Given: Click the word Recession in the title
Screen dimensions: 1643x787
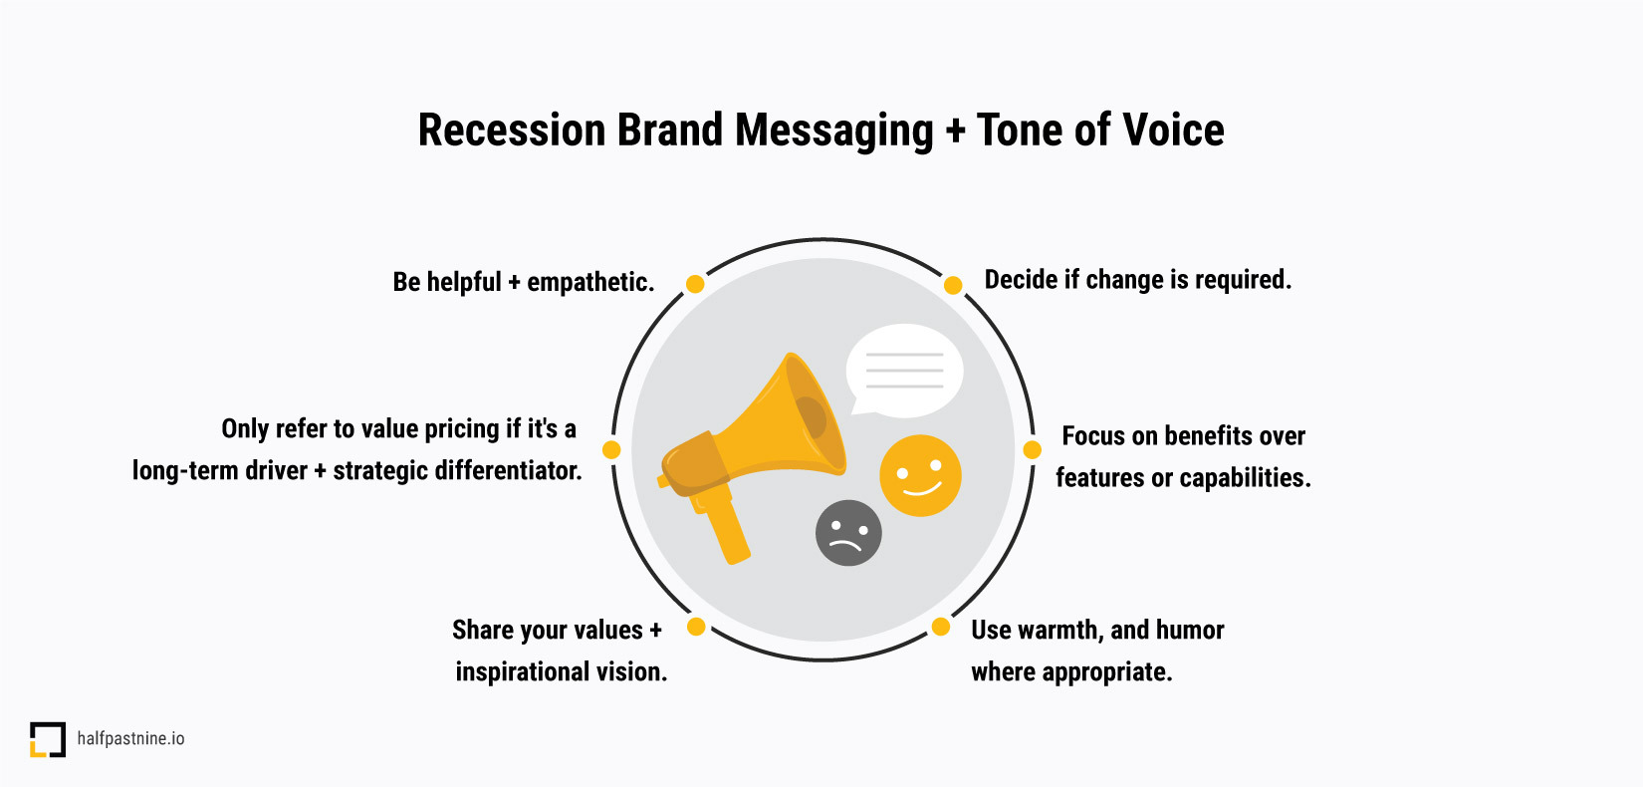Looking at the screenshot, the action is point(512,130).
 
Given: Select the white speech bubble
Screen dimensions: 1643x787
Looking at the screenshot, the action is point(904,372).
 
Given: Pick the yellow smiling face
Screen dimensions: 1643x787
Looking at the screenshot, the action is point(920,475).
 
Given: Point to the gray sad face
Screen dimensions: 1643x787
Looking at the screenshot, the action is point(848,533).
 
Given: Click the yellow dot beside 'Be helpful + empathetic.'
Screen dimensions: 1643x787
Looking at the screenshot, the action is point(695,284).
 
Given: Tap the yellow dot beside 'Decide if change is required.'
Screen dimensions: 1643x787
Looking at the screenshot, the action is point(953,285).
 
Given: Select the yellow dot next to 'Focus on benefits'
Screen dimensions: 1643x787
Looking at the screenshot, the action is point(1032,449).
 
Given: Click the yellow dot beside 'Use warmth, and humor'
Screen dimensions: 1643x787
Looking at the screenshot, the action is point(941,627).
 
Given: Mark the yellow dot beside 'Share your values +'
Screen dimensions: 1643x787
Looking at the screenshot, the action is point(696,627).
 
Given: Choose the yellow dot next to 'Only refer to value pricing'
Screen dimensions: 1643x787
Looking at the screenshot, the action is point(611,450).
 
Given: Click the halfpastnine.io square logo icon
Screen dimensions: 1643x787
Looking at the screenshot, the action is point(48,739).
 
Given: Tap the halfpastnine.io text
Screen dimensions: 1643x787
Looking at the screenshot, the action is point(130,738).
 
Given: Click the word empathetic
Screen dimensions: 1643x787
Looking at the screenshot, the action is point(590,283).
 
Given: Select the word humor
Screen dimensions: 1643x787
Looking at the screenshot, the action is point(1190,630).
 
